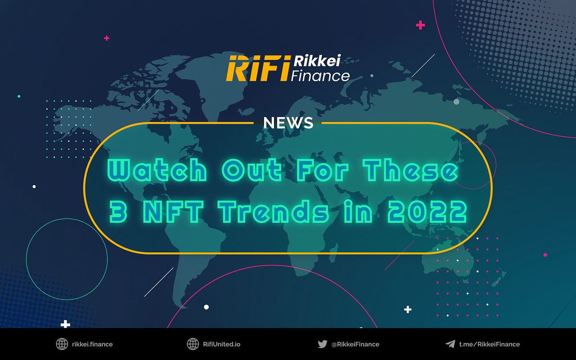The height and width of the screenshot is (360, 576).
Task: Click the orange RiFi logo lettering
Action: coord(257,68)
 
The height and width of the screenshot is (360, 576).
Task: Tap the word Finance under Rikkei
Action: coord(321,75)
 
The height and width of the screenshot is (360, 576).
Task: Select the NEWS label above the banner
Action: coord(288,123)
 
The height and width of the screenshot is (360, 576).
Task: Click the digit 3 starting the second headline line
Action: coord(118,212)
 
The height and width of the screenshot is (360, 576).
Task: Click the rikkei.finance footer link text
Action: coord(92,344)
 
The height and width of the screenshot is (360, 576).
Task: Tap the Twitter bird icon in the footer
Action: coord(323,344)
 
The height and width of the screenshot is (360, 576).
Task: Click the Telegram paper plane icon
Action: coord(450,344)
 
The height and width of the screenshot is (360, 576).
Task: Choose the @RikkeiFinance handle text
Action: coord(355,344)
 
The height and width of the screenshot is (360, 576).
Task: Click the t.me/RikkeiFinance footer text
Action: coord(489,344)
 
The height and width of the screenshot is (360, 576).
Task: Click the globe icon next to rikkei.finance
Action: coord(62,344)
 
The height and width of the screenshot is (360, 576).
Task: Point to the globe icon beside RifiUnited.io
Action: coord(192,344)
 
